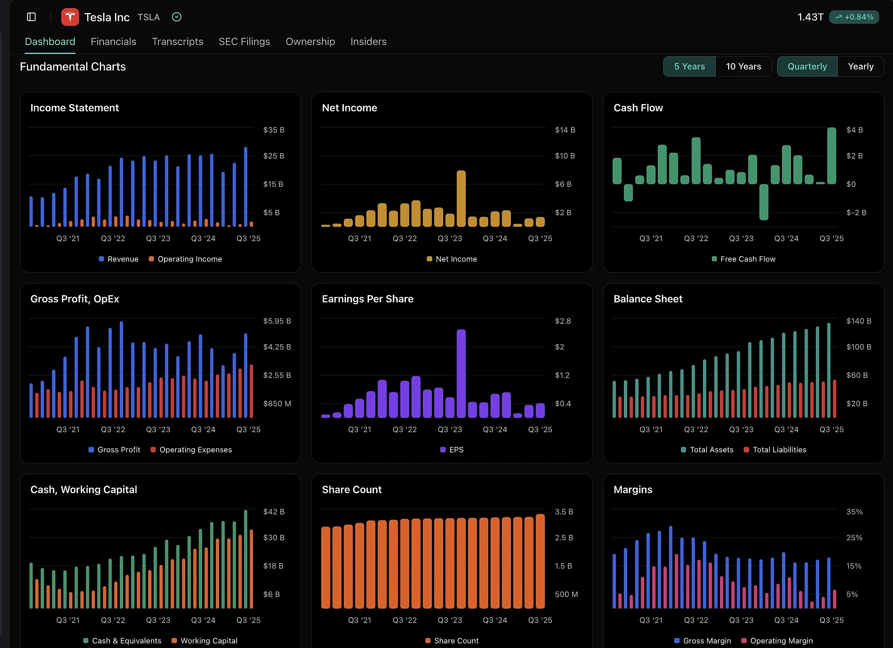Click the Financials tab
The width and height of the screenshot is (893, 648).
coord(113,42)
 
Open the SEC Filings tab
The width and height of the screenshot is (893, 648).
coord(244,42)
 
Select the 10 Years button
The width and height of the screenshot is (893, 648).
coord(743,67)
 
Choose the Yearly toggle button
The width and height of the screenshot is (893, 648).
coord(860,67)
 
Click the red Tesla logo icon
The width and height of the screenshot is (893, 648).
coord(70,17)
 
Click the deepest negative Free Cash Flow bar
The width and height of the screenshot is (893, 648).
coord(764,202)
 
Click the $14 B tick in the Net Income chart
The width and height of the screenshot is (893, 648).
coord(565,130)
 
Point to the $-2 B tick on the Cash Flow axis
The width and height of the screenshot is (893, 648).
coord(856,213)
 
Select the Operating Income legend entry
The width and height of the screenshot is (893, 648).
coord(189,259)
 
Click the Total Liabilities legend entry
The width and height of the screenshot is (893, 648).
coord(779,449)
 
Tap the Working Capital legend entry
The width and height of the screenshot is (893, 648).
coord(209,641)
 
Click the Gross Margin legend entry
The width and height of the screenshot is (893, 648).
coord(707,641)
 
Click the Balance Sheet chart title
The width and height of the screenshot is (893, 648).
coord(648,299)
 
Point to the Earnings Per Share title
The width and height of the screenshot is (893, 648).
coord(367,299)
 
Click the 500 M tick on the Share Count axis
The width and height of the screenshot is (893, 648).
coord(566,594)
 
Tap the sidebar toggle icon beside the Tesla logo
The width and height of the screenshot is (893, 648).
coord(32,17)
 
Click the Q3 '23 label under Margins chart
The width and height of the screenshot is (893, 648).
coord(741,620)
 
